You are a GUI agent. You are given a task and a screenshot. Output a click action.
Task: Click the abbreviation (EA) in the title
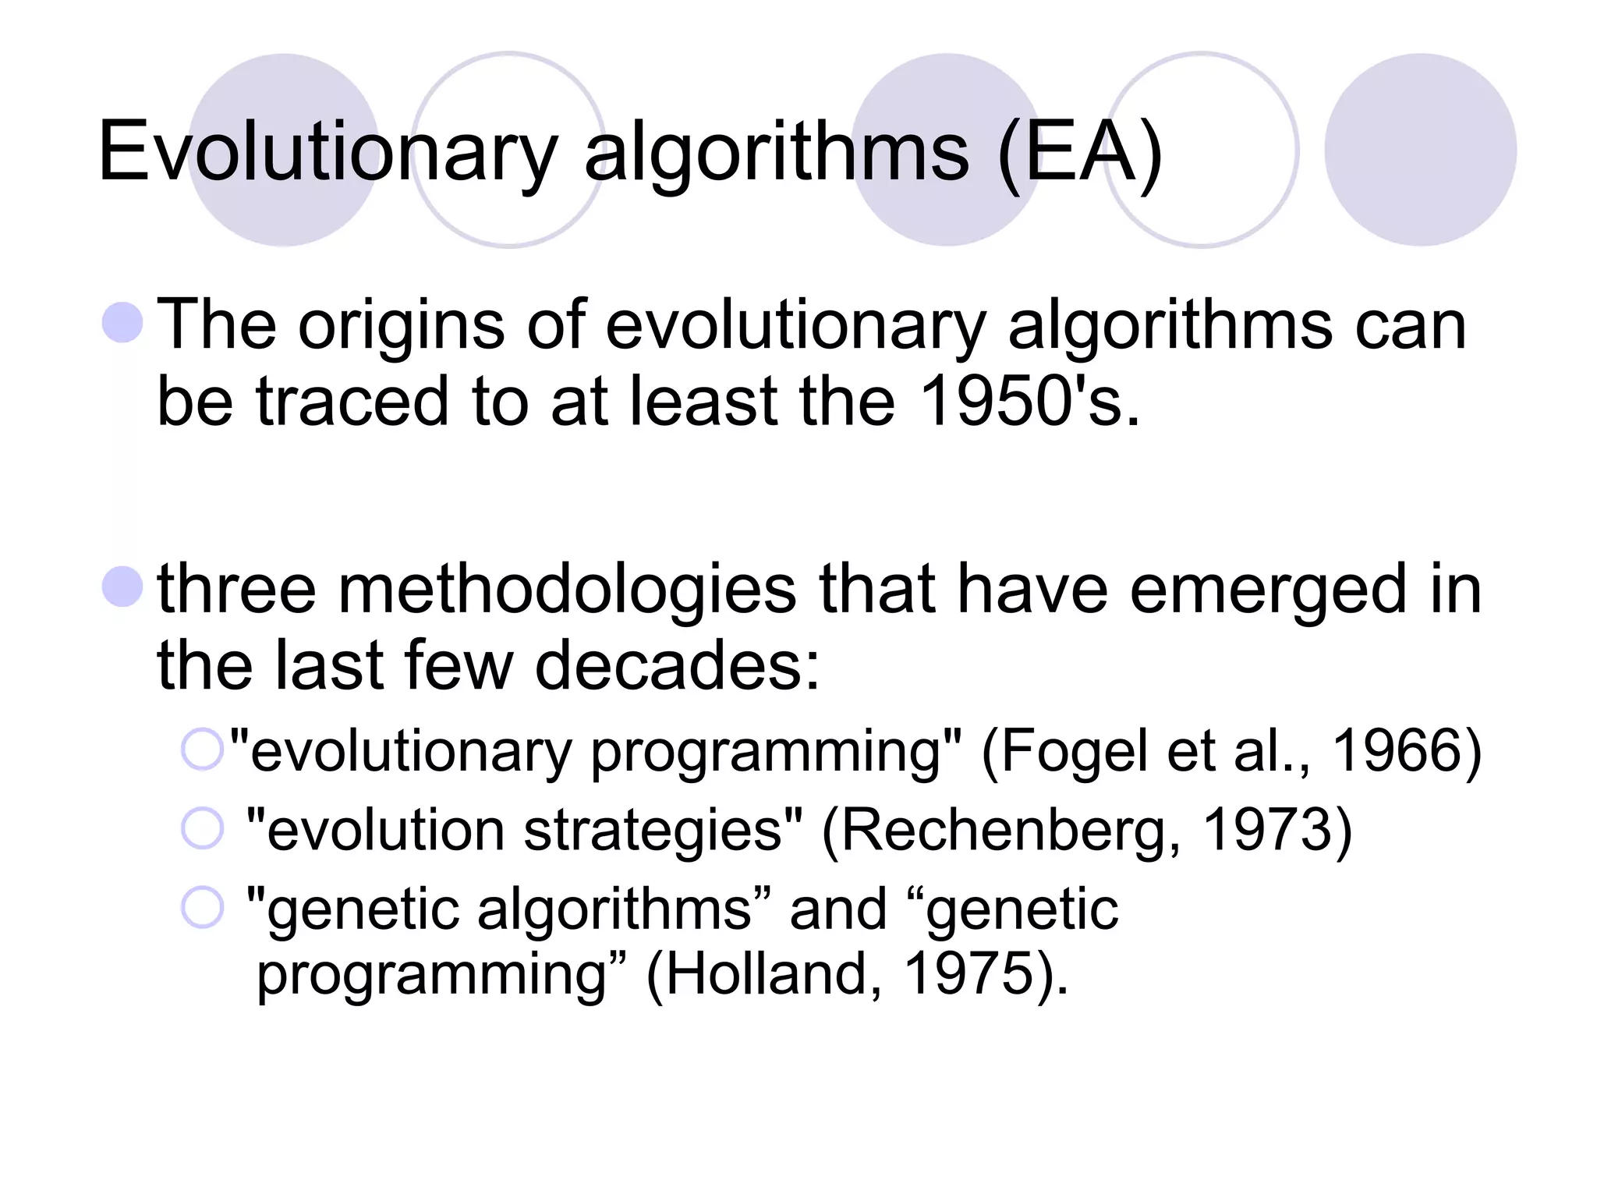point(1079,152)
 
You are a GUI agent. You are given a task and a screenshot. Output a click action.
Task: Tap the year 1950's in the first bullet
point(1029,401)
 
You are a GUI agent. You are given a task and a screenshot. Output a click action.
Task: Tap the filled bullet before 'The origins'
point(122,323)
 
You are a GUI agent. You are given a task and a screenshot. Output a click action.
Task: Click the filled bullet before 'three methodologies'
point(122,587)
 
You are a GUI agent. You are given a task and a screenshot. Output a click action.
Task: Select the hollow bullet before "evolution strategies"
point(202,828)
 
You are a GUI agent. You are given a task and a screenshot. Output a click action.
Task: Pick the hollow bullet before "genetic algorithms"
point(202,908)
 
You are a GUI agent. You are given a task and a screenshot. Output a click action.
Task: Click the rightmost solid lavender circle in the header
point(1420,150)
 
